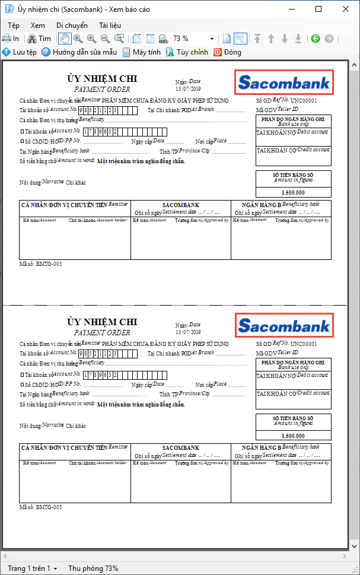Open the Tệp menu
click(14, 26)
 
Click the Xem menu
click(38, 26)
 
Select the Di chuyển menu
click(72, 26)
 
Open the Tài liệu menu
click(110, 26)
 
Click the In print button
click(11, 39)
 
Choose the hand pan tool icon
click(64, 39)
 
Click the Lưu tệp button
click(20, 52)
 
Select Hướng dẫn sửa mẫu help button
click(79, 52)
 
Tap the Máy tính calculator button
click(142, 52)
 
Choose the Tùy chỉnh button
click(187, 52)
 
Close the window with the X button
click(346, 9)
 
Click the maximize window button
click(318, 9)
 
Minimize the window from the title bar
click(291, 9)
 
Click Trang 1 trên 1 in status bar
click(32, 568)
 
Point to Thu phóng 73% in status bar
click(93, 568)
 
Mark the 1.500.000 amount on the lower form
click(294, 436)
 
